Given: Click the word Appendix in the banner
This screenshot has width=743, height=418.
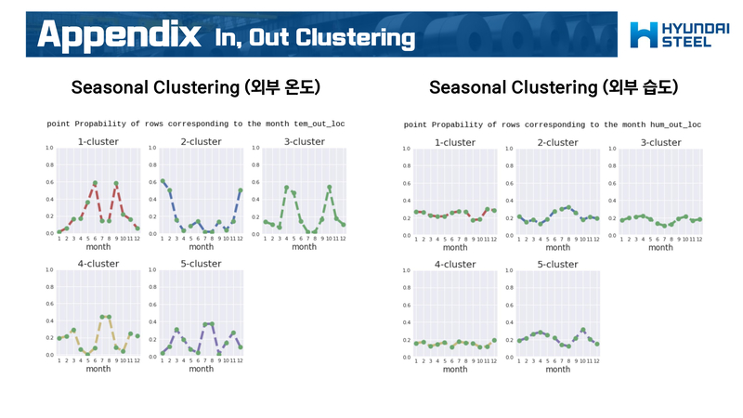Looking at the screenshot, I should pos(120,35).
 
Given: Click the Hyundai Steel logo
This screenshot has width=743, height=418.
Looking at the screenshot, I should pos(671,34).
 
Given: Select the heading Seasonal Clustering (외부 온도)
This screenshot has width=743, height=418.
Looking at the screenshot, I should pos(196,87).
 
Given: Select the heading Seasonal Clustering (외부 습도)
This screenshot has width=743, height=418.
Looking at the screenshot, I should pos(554,87).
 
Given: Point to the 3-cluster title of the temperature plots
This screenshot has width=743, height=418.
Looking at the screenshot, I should pos(304,142).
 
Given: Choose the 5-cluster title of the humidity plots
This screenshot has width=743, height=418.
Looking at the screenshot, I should pos(558,264).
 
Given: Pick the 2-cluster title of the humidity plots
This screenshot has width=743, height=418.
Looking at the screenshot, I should pos(558,143).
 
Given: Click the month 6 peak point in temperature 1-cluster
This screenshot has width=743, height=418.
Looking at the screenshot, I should pos(95,183).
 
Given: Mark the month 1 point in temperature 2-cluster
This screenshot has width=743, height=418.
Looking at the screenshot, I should pos(163,181).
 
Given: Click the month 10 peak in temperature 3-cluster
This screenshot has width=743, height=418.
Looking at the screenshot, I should pos(329,188).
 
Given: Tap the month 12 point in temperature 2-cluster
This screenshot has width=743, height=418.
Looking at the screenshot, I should pos(241,190).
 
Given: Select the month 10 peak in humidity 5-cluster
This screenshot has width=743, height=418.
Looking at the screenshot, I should pos(582,330).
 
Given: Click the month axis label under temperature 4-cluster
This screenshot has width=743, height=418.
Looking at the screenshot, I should pos(98,369).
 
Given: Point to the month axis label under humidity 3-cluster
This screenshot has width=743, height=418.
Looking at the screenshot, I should pos(660,248).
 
